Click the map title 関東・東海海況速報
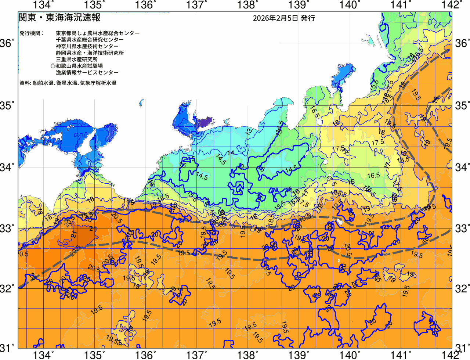pos(59,18)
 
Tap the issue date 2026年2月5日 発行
pos(283,18)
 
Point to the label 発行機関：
pos(32,33)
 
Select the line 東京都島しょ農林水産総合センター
pos(98,33)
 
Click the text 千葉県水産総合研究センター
pos(90,40)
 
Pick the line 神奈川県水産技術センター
pos(87,46)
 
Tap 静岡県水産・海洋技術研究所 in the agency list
pos(90,53)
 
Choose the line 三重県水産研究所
pos(77,60)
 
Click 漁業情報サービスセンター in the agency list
pos(87,73)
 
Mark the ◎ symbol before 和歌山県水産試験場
pos(53,66)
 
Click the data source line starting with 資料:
pos(68,83)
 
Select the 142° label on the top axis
pos(452,5)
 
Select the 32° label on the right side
pos(462,289)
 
